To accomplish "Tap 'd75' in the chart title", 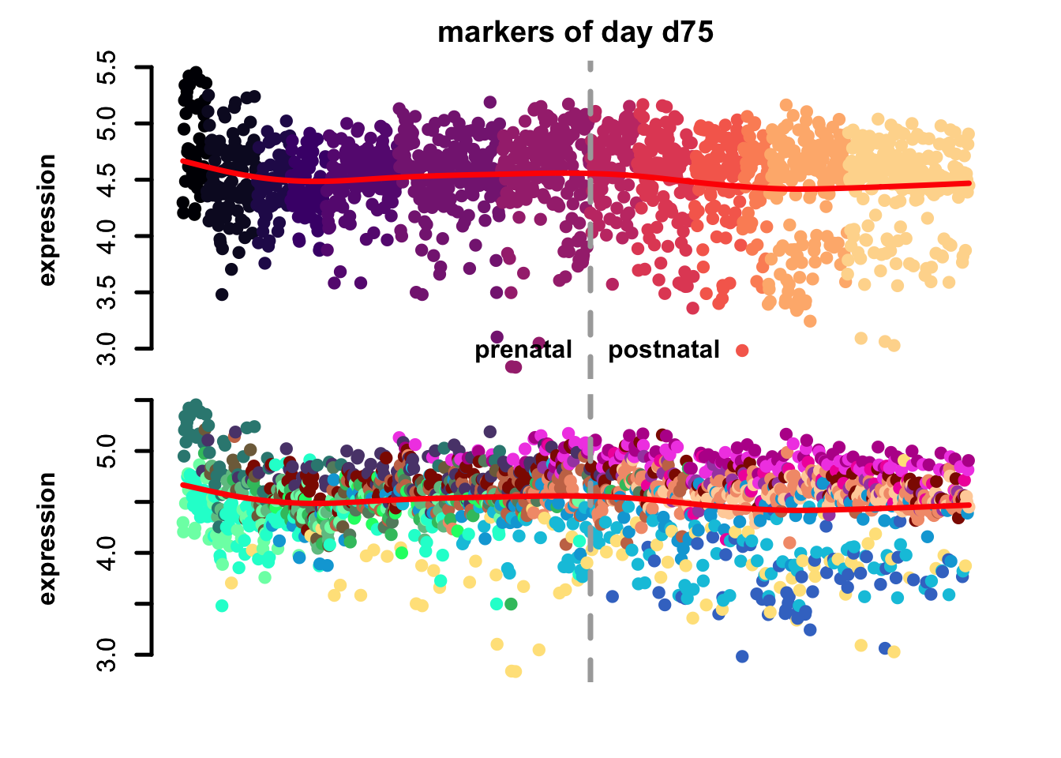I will [685, 32].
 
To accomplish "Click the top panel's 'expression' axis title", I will [47, 220].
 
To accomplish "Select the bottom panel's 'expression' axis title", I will [47, 538].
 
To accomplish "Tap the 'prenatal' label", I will [523, 350].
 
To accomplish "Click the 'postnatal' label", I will [663, 350].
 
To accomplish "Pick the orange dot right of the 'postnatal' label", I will [741, 351].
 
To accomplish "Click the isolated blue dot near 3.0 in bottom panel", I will [741, 656].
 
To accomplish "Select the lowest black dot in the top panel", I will [222, 295].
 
